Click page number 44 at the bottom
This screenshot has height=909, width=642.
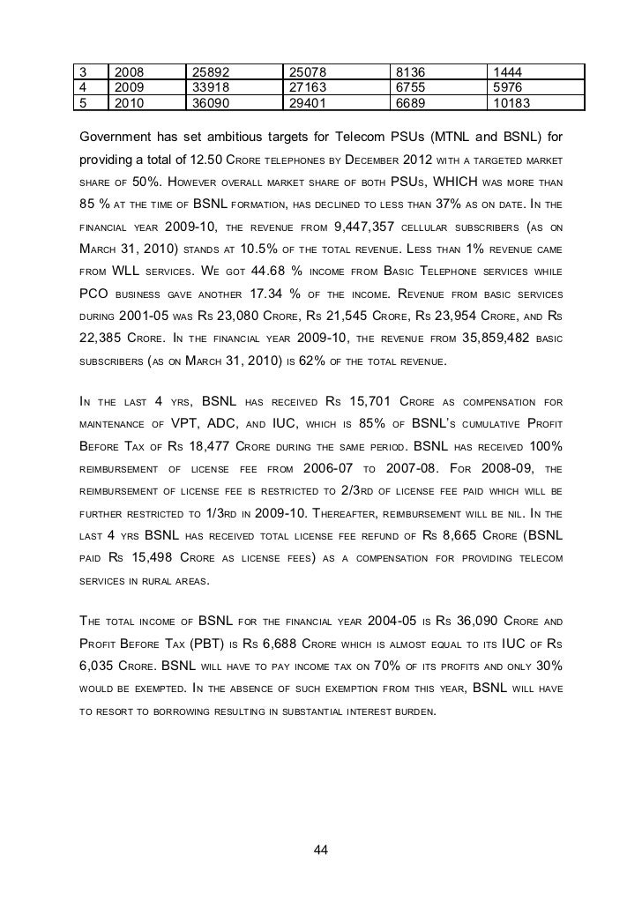321,849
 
